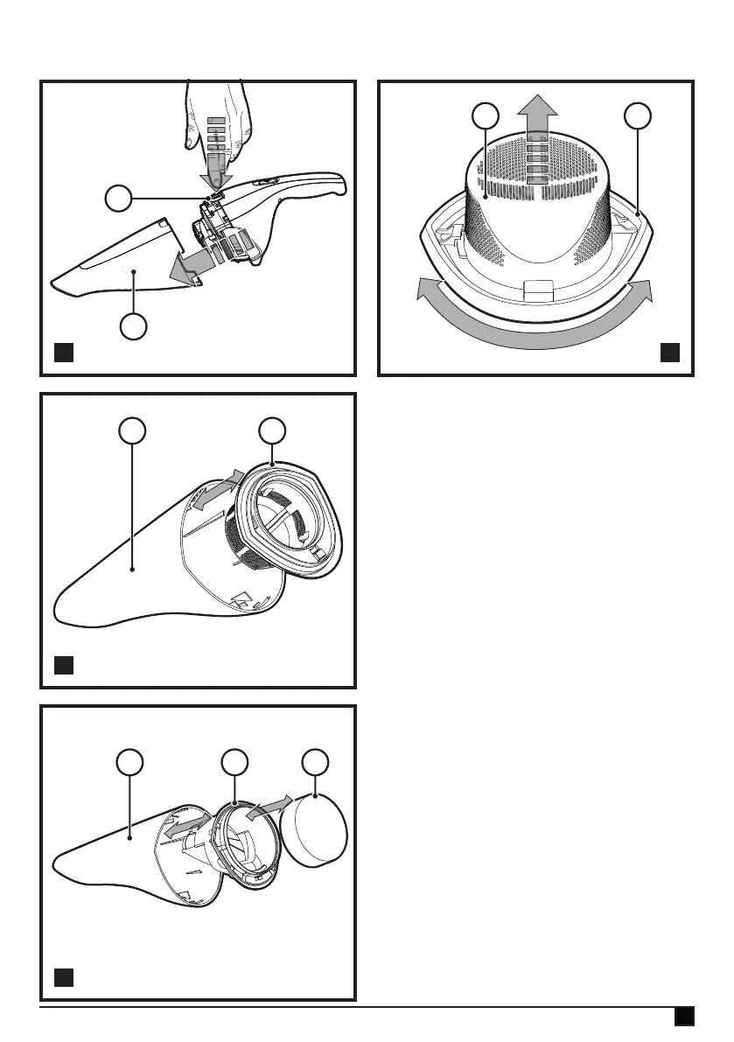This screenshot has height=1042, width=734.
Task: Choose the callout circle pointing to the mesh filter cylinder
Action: coord(485,116)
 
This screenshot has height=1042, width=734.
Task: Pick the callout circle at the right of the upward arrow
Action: coord(639,116)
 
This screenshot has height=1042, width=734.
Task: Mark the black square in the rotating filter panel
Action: coord(669,353)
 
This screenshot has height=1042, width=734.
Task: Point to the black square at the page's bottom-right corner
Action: coord(684,1016)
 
